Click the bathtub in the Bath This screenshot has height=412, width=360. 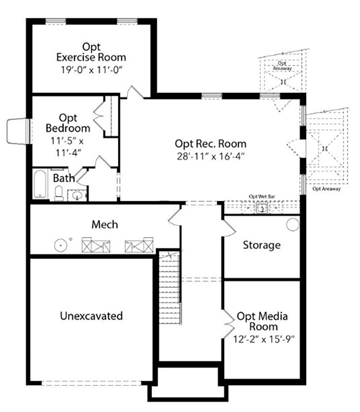(40, 184)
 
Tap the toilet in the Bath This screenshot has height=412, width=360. (59, 193)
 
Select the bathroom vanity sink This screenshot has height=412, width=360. (77, 195)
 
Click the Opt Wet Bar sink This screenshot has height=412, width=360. (262, 208)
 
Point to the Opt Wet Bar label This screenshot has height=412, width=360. (262, 197)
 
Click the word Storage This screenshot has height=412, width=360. (262, 245)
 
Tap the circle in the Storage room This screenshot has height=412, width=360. (293, 225)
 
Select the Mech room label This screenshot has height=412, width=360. (105, 225)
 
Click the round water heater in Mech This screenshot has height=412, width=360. (61, 246)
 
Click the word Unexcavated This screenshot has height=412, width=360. (91, 316)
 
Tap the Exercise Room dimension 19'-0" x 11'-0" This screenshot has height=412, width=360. (92, 70)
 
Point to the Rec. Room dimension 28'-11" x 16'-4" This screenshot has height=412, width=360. (211, 156)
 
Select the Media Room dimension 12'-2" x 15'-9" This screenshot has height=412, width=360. (264, 339)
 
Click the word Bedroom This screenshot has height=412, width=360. (68, 128)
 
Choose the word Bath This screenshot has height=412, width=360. (64, 178)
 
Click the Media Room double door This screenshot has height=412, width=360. (228, 324)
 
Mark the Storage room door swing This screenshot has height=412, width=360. (229, 228)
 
